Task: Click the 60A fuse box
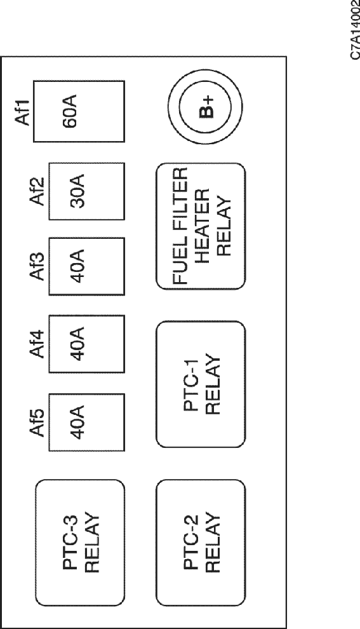79,111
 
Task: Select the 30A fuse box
86,191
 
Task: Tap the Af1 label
24,112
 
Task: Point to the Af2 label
39,192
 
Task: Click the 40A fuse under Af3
86,266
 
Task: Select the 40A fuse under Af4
86,344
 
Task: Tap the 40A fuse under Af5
86,422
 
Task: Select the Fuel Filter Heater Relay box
201,226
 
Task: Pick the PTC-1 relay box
201,384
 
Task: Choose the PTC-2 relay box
201,543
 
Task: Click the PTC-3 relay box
80,543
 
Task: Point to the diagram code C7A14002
355,30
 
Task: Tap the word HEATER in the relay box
203,226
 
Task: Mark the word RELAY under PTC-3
92,543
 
